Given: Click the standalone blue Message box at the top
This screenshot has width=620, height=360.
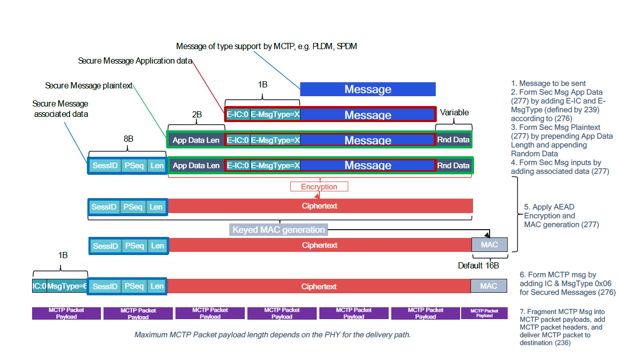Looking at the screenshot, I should coord(367,89).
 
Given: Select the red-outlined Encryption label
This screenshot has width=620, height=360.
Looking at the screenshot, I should coord(319,187).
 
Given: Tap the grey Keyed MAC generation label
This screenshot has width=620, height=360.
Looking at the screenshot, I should coord(278,230).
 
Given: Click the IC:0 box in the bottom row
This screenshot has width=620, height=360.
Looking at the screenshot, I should coord(39,286).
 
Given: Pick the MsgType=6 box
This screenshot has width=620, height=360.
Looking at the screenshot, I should coord(67,286).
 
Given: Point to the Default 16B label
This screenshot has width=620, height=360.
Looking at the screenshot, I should coord(478,265).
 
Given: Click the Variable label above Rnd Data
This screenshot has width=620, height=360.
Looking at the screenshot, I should coord(454,112).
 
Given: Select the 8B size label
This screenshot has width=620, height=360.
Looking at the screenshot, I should coord(128,139).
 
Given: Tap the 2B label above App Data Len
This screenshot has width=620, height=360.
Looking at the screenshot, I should coord(197,114).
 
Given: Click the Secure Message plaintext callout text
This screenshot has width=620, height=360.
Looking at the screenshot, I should coord(89,85).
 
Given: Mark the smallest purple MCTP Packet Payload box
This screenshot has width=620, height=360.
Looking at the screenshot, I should coord(484,313).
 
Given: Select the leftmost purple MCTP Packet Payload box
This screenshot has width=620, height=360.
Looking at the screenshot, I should coord(66,313).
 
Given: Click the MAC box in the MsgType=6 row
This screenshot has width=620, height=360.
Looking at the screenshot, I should coord(489,286).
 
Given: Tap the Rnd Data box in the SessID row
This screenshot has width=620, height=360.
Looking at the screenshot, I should coord(453,166).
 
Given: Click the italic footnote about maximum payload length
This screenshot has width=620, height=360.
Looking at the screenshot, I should coord(272,335).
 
